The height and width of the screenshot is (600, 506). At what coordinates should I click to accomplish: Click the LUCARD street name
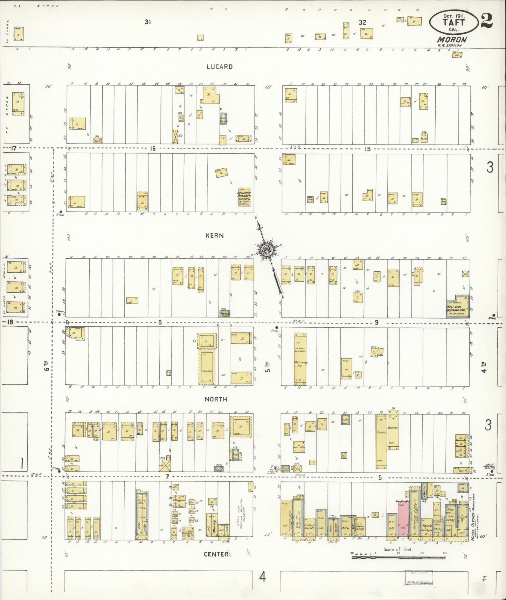click(x=219, y=67)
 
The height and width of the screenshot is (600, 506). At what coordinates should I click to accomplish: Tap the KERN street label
click(x=215, y=236)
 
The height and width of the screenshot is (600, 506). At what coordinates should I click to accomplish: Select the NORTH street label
click(x=216, y=399)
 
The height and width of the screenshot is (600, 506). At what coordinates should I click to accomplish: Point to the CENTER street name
click(x=216, y=554)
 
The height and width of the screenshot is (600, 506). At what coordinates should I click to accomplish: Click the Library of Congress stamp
click(x=418, y=578)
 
